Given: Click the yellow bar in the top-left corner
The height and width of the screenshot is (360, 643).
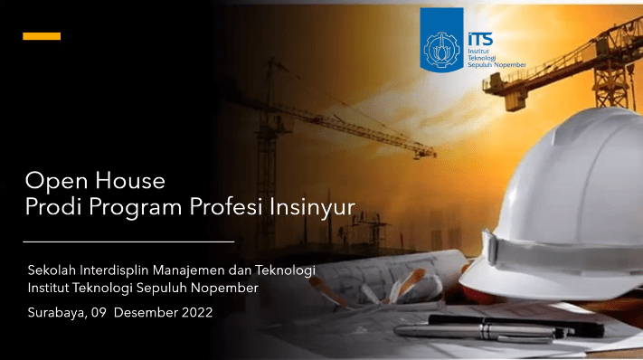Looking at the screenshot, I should click(x=41, y=36).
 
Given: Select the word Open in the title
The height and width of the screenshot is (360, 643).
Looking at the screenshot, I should click(x=52, y=181).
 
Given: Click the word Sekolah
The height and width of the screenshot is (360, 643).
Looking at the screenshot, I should click(x=52, y=270).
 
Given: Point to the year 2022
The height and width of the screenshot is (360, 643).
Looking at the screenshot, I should click(x=196, y=313).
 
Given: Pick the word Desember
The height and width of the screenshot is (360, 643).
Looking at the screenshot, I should click(x=146, y=313).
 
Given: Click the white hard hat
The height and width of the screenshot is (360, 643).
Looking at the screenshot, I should click(x=561, y=208).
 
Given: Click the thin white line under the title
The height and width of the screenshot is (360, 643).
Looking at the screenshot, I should click(x=127, y=242).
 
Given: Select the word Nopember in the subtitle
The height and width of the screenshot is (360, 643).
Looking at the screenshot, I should click(x=227, y=289).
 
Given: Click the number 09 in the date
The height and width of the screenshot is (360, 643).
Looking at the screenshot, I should click(x=99, y=313).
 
